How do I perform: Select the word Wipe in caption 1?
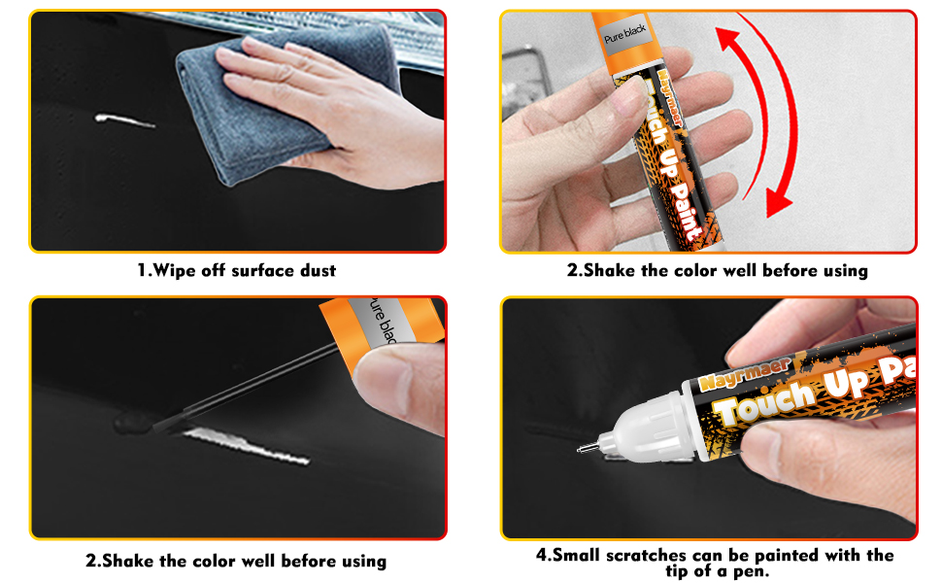[174, 270]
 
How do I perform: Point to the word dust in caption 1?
[314, 270]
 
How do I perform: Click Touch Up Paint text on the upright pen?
[663, 155]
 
